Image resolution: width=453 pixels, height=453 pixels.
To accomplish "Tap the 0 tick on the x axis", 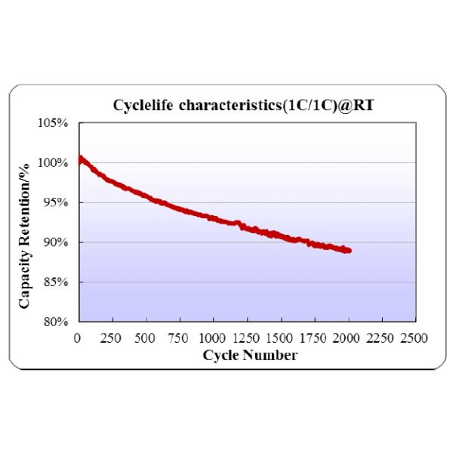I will tap(78, 337).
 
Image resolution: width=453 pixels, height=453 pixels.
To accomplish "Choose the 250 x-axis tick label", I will tap(111, 337).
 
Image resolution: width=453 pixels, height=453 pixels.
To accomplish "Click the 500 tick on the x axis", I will tap(145, 337).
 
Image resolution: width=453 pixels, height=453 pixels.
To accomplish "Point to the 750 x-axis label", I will tap(179, 337).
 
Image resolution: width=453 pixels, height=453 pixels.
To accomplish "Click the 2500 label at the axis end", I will tap(414, 337).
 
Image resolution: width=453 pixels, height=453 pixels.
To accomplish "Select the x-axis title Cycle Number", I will tap(250, 354).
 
